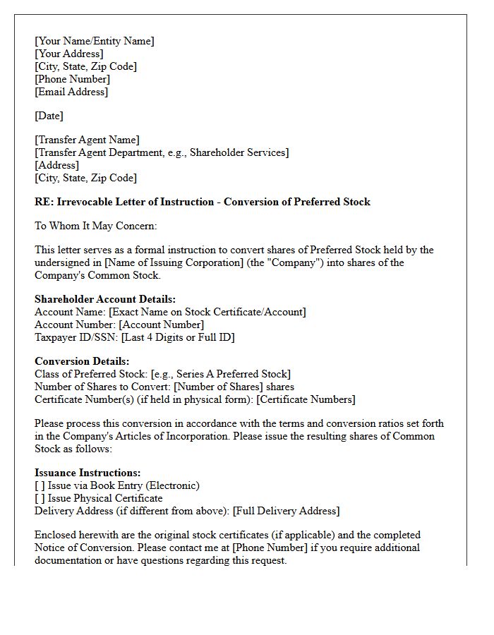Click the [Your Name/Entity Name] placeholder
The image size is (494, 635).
95,41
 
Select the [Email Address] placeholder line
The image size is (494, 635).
71,92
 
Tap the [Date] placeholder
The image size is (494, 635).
49,116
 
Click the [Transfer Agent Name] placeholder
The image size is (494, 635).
88,140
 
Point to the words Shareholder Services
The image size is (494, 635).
237,152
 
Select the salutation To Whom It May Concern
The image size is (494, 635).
96,226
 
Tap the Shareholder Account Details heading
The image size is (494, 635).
105,299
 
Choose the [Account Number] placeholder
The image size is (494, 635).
162,325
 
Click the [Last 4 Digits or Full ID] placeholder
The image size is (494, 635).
178,337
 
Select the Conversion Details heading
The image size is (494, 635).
82,361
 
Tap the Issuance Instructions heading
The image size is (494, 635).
88,473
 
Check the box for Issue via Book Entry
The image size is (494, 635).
40,485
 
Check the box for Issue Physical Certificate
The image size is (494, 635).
40,498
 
